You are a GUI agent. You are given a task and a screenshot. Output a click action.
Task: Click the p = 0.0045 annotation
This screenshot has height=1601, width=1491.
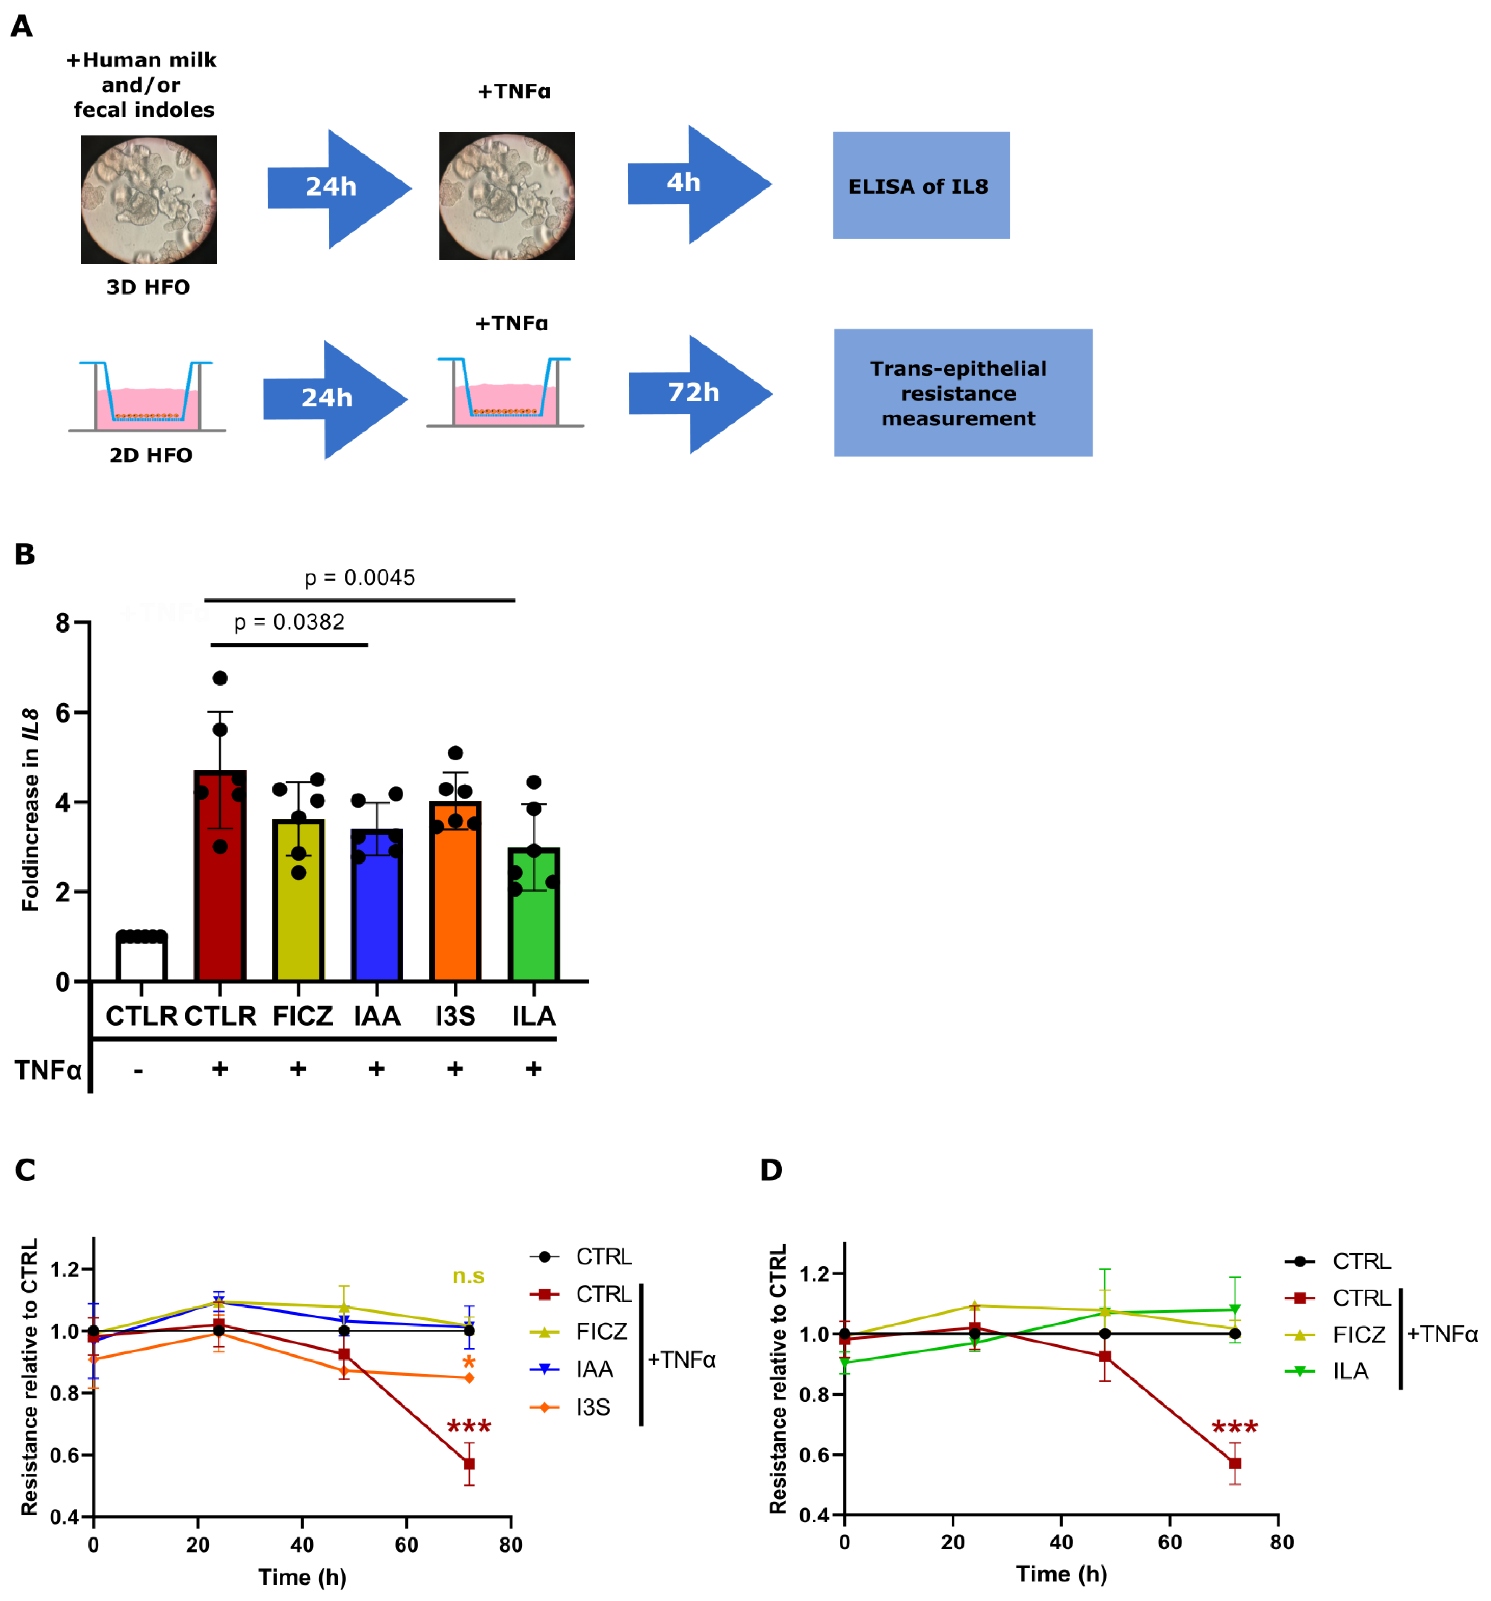pyautogui.click(x=359, y=577)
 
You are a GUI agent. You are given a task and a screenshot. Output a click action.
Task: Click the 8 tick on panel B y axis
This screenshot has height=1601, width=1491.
pyautogui.click(x=63, y=622)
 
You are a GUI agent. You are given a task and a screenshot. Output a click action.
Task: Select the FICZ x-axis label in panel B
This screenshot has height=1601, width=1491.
pyautogui.click(x=302, y=1016)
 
